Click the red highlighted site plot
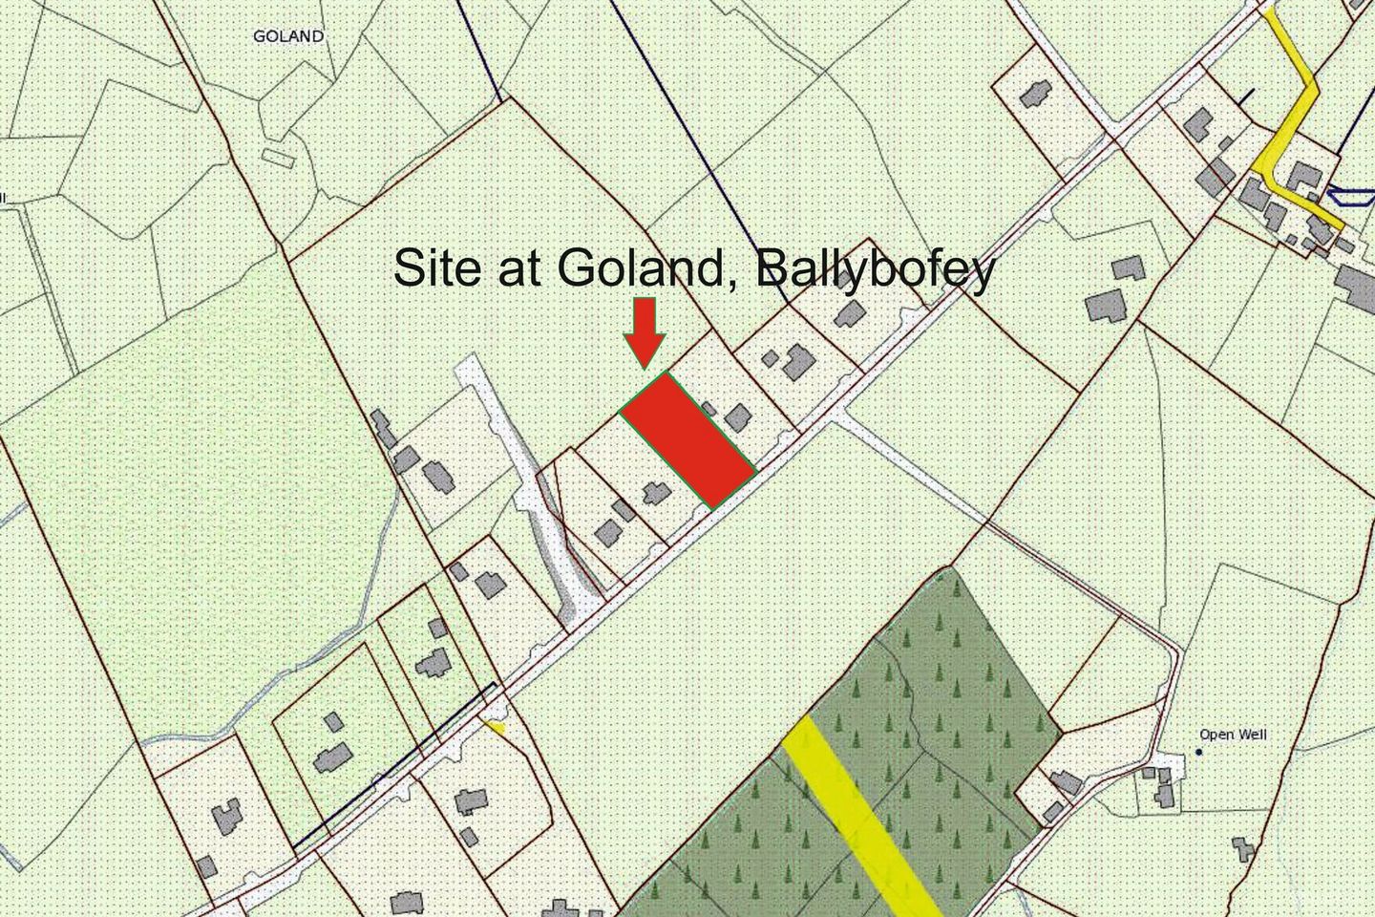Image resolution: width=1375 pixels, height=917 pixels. [688, 438]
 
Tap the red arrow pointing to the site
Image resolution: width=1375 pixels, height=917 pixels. [645, 330]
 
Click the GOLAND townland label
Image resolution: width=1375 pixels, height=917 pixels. [288, 36]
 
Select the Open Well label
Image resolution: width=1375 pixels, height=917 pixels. [1233, 735]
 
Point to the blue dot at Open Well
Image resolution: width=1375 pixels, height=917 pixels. [1199, 752]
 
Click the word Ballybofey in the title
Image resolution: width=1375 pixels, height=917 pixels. [875, 269]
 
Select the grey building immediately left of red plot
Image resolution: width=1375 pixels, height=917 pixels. [655, 493]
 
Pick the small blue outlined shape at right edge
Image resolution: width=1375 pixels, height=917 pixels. [1348, 197]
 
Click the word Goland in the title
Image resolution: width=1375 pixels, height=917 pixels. [646, 269]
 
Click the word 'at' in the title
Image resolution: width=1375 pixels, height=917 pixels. [521, 269]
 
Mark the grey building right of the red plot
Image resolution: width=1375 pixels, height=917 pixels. [736, 416]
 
